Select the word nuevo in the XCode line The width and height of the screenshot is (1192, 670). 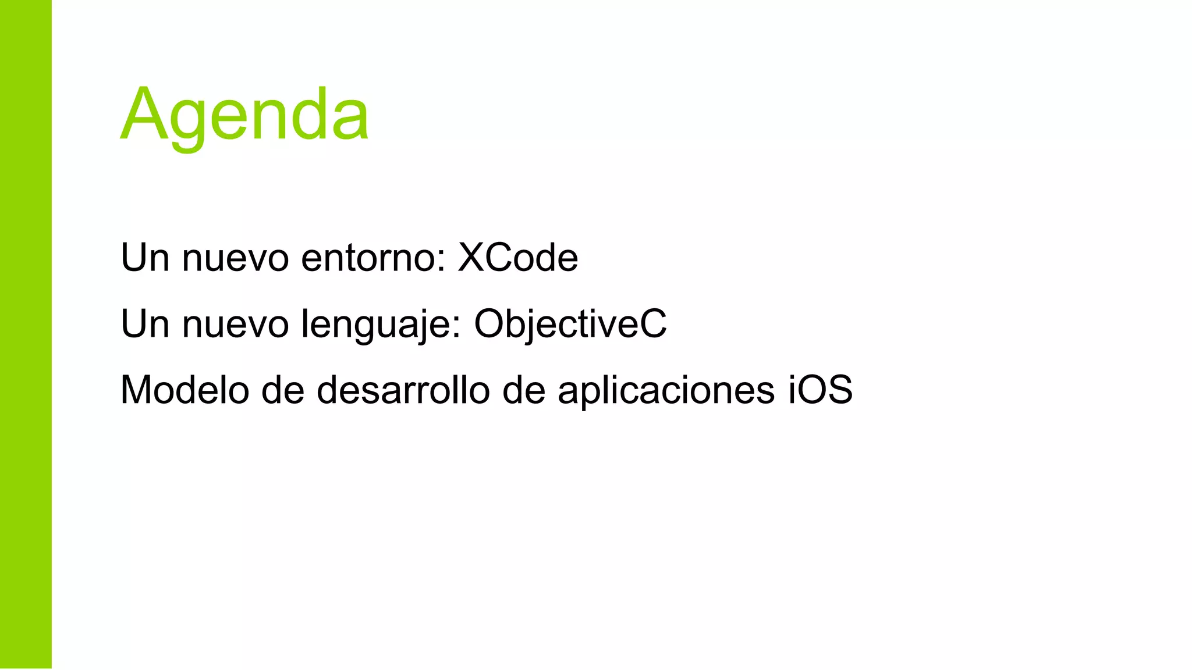click(x=235, y=258)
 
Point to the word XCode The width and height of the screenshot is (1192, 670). click(x=518, y=257)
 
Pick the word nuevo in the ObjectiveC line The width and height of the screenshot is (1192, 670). click(x=235, y=325)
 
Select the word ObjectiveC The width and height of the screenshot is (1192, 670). click(x=570, y=323)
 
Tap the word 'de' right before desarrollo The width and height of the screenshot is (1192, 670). click(x=283, y=390)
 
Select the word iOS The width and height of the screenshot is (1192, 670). click(x=821, y=390)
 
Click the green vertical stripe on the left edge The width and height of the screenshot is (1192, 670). click(x=26, y=335)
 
